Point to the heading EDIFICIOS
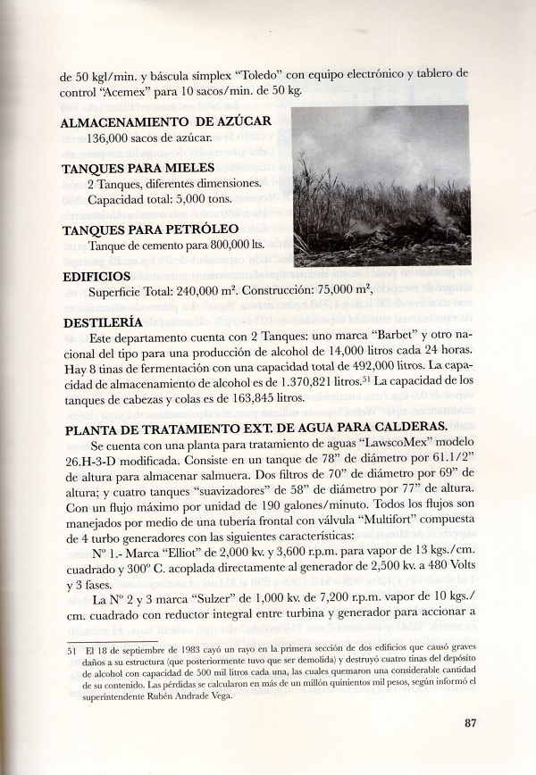[96, 277]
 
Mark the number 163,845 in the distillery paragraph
[232, 399]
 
